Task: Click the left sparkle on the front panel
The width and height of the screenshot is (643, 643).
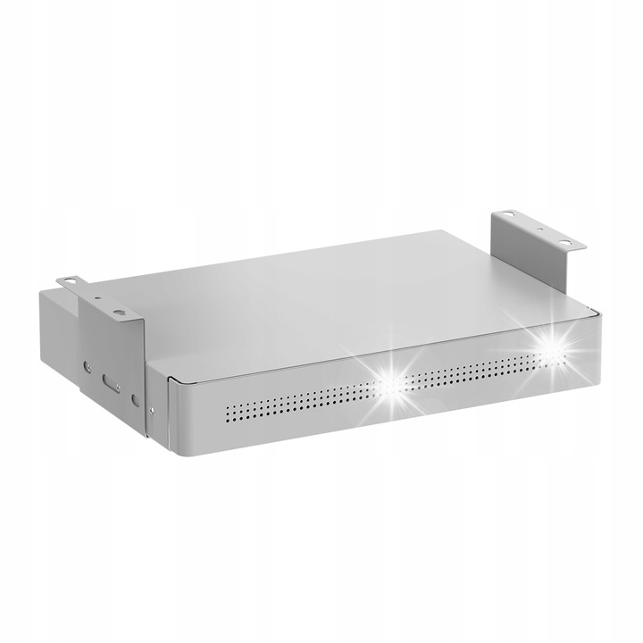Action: tap(390, 379)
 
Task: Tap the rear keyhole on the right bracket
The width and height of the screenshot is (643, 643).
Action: tap(506, 214)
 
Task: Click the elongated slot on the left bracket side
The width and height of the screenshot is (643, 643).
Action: tap(111, 382)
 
